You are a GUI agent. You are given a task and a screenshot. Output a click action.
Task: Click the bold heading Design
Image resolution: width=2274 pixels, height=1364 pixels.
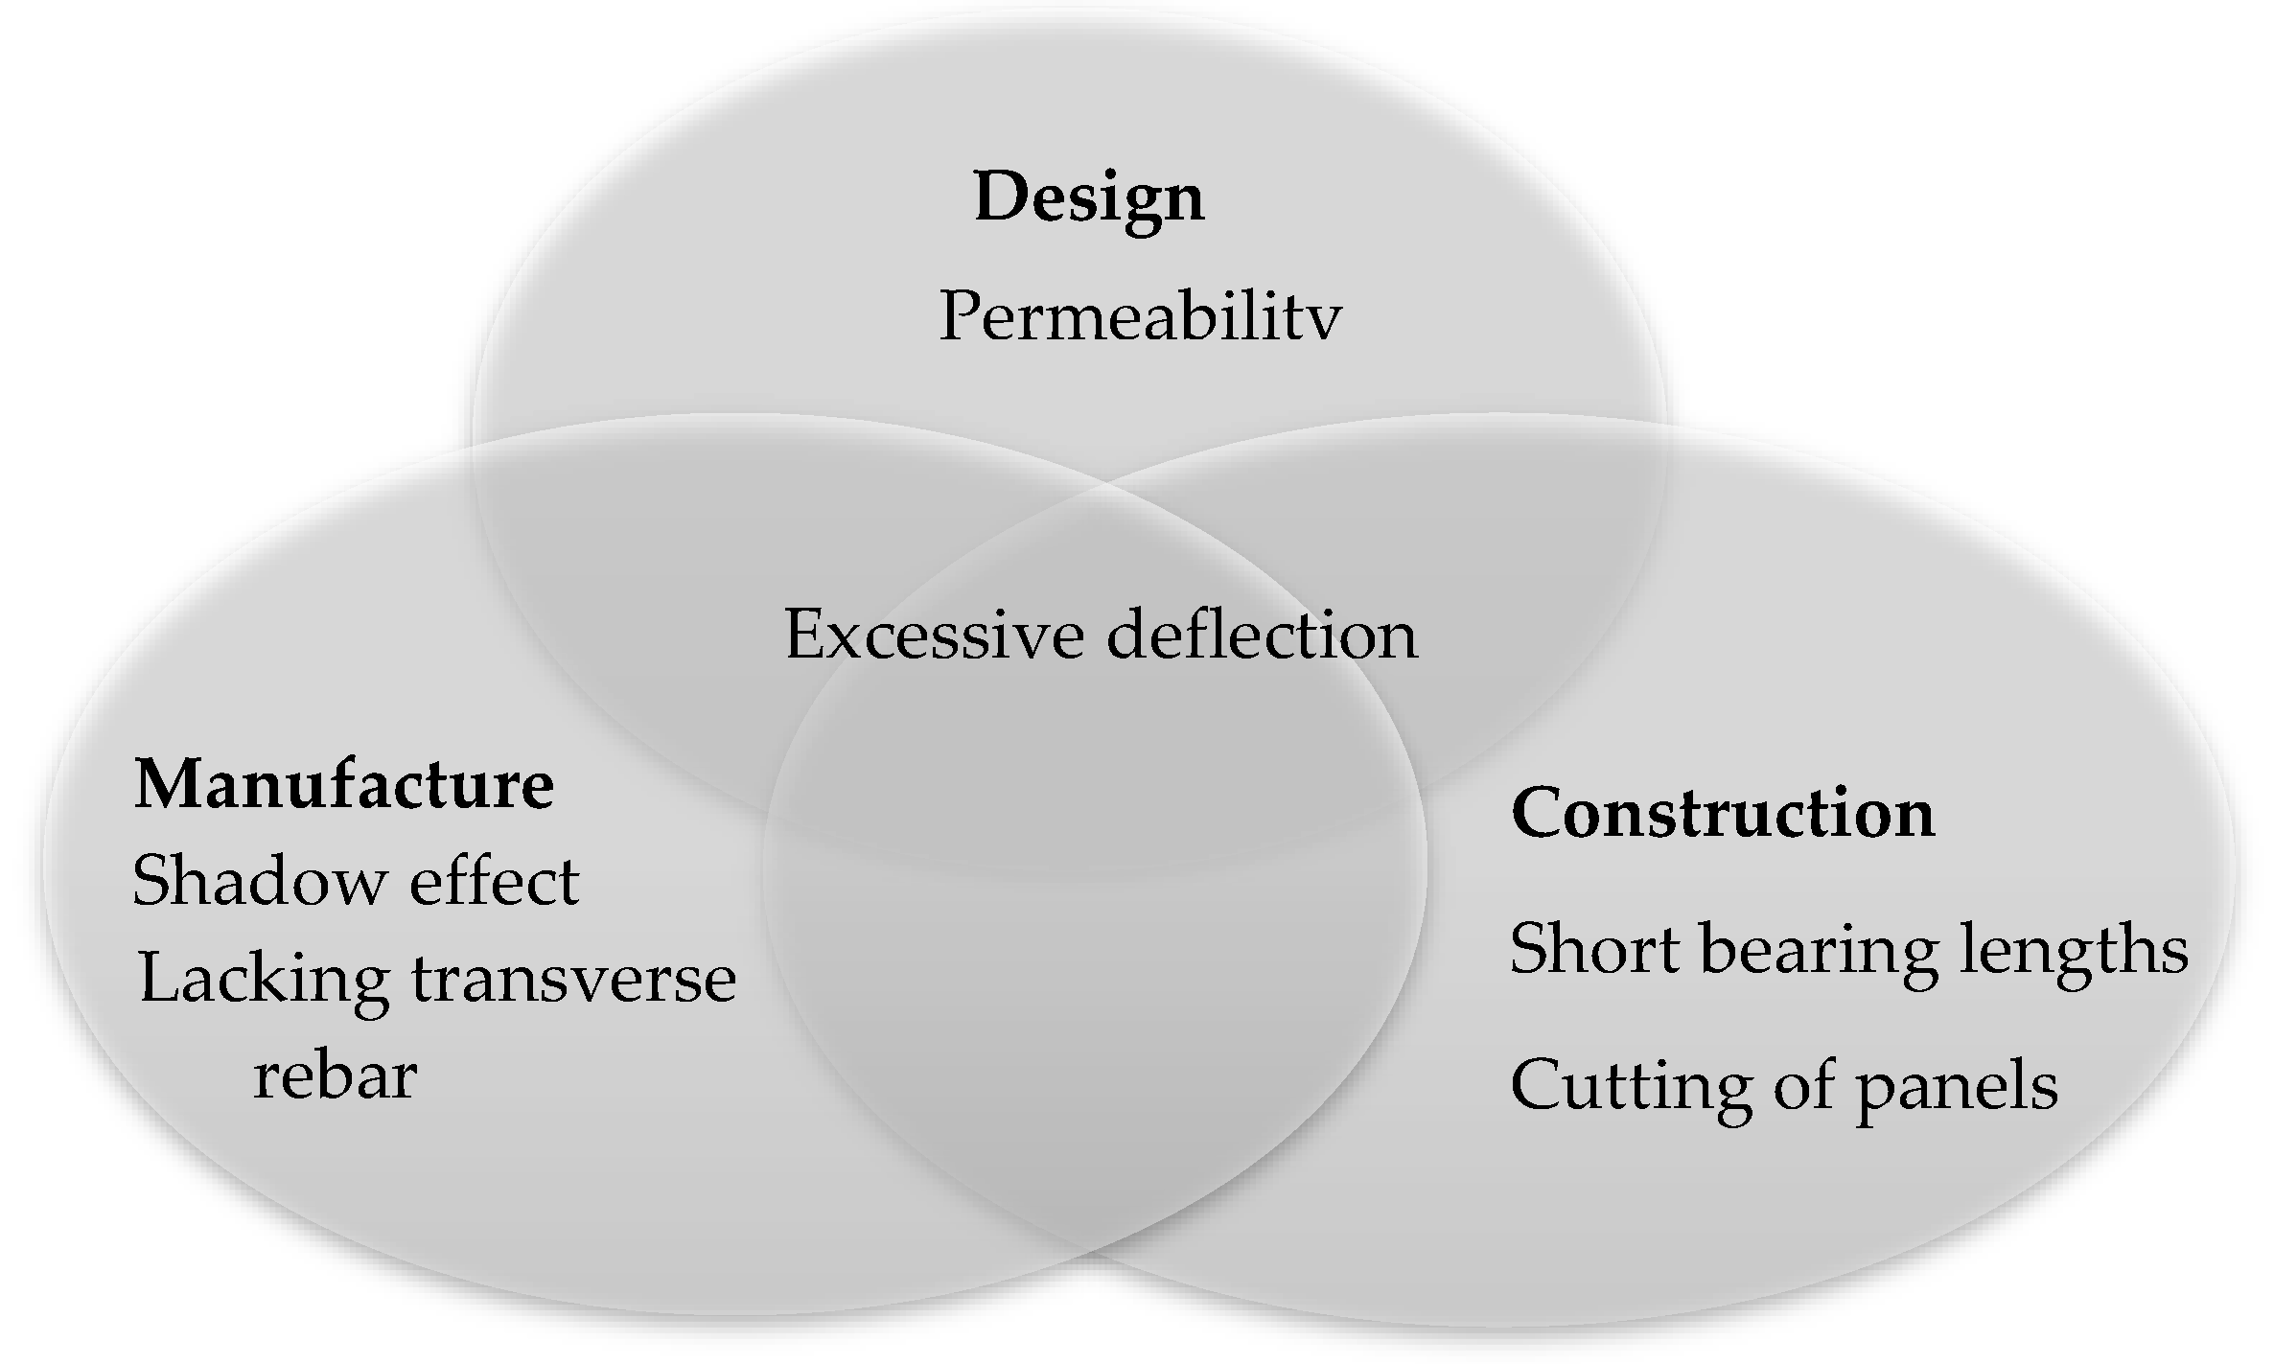[1089, 197]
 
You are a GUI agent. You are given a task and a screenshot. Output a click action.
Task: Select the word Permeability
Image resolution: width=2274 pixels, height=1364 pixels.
[1140, 316]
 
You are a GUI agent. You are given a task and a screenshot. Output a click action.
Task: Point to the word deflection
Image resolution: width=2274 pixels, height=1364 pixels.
[1263, 635]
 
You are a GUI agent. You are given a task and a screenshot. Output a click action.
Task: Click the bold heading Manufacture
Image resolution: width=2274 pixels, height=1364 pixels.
[344, 785]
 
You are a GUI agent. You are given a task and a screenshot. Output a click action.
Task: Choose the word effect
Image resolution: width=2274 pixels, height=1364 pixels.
[494, 881]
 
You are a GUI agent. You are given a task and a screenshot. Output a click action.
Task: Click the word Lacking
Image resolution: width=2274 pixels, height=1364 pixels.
[264, 980]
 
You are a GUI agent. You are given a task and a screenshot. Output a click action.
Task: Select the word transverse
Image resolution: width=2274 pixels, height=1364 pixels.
[573, 980]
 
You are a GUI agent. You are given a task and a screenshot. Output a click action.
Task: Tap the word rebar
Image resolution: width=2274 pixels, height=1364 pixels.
[336, 1075]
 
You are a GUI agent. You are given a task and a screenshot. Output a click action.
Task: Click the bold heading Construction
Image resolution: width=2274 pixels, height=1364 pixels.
[1723, 814]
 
